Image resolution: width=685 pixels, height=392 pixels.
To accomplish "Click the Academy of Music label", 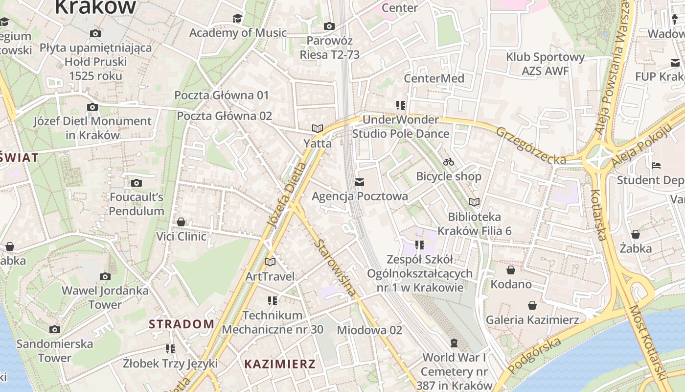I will point(238,33).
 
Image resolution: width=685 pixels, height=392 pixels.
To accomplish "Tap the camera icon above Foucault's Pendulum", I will point(137,183).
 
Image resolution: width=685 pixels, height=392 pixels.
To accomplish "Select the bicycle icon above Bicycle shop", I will point(449,162).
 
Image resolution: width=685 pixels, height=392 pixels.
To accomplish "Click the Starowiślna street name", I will point(336,268).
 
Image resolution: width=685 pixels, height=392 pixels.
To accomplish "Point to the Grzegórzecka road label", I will point(531,146).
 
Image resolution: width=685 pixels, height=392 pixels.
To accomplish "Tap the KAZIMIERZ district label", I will point(280,364).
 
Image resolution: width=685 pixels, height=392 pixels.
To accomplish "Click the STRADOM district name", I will point(182,324).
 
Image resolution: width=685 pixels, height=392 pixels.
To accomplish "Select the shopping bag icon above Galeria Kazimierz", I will point(532,305).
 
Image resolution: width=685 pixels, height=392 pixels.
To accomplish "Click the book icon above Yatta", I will point(318,128).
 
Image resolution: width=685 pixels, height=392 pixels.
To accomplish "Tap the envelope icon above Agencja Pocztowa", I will point(360,182).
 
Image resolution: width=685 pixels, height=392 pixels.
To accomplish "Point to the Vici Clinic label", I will point(181,236).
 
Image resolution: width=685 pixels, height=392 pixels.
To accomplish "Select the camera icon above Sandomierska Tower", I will point(55,329).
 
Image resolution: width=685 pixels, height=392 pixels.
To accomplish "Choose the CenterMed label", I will point(434,78).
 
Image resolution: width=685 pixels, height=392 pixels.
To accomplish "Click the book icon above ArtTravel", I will point(270,262).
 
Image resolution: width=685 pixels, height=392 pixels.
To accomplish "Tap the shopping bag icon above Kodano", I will point(511,270).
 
